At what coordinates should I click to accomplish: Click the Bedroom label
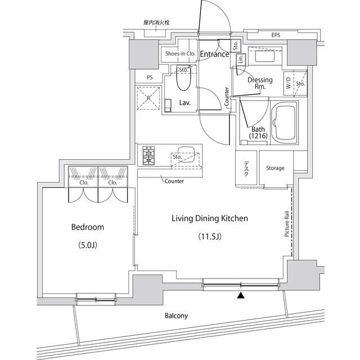click(87, 227)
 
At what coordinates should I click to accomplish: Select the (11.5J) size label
click(210, 236)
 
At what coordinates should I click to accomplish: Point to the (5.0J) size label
click(87, 245)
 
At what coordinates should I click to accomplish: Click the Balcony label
click(176, 316)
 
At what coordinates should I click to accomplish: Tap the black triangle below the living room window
click(241, 295)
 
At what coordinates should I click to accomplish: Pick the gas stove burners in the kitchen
click(149, 155)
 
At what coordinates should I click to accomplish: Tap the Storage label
click(275, 168)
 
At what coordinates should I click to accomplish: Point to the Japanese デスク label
click(246, 169)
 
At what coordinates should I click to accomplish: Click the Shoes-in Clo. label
click(179, 54)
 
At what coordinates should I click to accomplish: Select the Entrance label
click(214, 55)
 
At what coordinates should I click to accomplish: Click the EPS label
click(276, 35)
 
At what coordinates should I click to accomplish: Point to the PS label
click(150, 78)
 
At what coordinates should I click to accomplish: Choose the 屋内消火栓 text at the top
click(156, 22)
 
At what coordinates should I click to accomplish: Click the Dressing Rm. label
click(260, 83)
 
